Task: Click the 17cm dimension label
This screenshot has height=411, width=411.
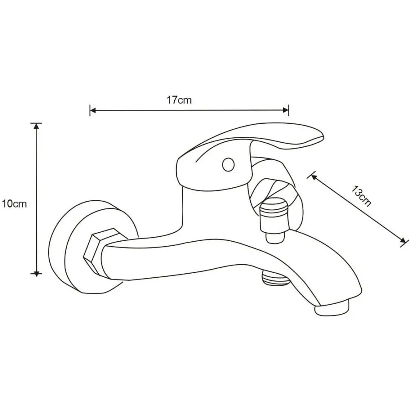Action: (179, 100)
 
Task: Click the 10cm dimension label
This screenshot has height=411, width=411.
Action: (14, 204)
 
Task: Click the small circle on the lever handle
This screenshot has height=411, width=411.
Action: (228, 165)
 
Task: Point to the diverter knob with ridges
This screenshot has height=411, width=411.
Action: (273, 215)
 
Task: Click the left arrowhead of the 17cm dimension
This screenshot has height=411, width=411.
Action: (93, 110)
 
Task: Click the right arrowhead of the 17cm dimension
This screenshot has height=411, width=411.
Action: (286, 110)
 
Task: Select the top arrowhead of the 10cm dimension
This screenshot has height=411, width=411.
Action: (37, 126)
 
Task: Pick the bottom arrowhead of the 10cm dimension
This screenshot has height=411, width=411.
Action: (37, 273)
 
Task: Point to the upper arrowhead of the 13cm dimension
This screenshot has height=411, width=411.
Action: (314, 178)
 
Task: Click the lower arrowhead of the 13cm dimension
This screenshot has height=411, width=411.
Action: (402, 240)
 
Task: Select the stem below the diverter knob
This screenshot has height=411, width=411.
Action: (275, 238)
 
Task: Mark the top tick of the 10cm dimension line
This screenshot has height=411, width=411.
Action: (37, 123)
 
